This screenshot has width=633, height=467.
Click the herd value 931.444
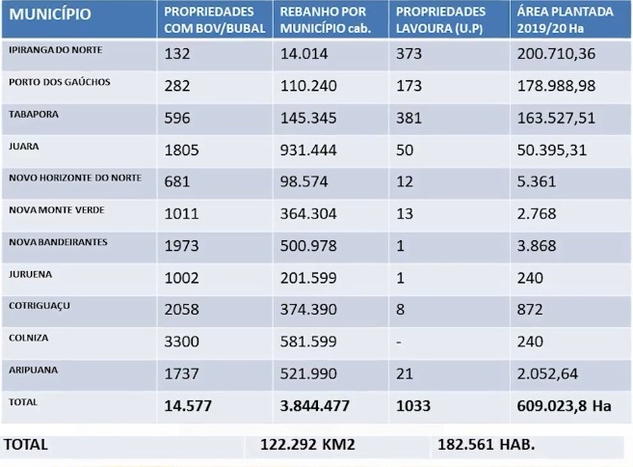309,151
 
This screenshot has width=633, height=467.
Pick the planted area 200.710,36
558,55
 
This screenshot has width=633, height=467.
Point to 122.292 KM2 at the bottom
308,446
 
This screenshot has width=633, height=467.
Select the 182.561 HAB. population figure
486,446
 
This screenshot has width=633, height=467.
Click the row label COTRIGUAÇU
39,305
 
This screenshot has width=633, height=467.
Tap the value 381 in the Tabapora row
409,119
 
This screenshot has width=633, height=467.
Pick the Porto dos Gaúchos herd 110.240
309,87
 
